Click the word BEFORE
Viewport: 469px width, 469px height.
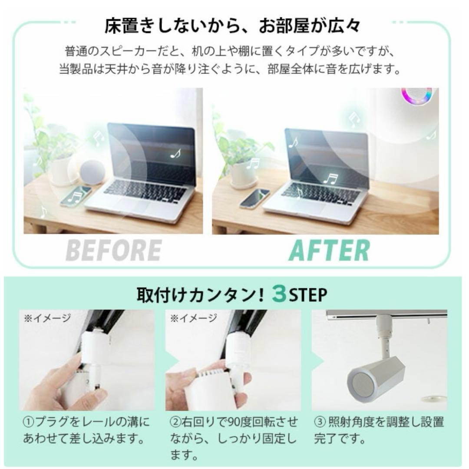pyautogui.click(x=114, y=251)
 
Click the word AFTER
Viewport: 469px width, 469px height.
pyautogui.click(x=329, y=251)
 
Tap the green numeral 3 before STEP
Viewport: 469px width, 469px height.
pyautogui.click(x=279, y=295)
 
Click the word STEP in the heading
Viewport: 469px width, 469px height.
pyautogui.click(x=308, y=295)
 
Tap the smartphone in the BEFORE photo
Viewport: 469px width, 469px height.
pyautogui.click(x=76, y=196)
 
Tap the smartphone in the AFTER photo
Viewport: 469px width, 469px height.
pyautogui.click(x=254, y=198)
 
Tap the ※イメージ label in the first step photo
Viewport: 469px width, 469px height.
pyautogui.click(x=47, y=318)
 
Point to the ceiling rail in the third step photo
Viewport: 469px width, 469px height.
pyautogui.click(x=386, y=314)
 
